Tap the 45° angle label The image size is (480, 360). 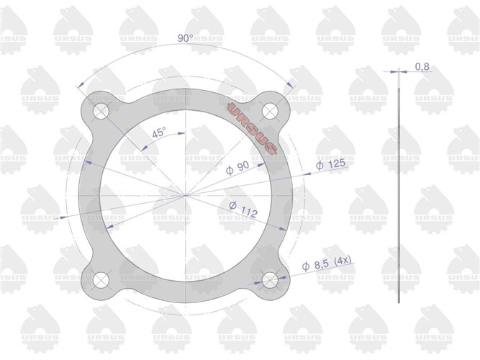158,132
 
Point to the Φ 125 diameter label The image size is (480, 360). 330,165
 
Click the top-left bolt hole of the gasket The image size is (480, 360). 100,111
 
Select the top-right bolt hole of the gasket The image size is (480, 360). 270,110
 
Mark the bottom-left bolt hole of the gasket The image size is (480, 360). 100,280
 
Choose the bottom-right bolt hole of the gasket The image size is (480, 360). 270,280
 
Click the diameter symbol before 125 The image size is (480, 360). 319,166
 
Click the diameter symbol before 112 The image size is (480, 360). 232,207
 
